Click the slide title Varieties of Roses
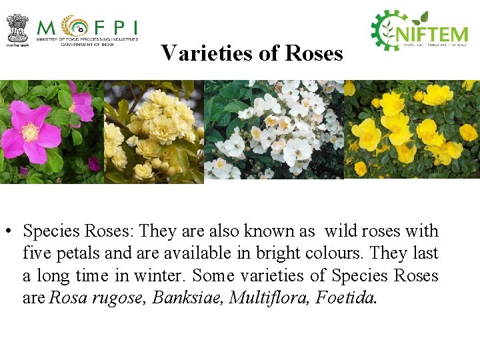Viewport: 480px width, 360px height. [252, 53]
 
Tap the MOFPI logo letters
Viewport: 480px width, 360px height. [87, 27]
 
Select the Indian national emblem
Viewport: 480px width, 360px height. [17, 29]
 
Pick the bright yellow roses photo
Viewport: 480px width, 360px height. [411, 130]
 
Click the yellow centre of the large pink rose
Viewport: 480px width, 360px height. [31, 133]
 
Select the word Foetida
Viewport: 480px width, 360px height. [345, 297]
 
